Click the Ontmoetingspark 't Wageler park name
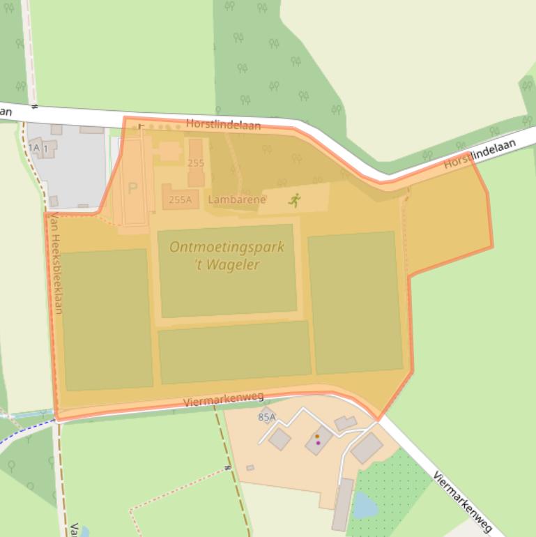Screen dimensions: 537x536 coord(227,255)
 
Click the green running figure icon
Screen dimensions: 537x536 coord(295,201)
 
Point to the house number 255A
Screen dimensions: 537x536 coord(180,199)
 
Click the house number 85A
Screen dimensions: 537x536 coord(266,417)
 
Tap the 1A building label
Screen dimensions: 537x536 coord(33,147)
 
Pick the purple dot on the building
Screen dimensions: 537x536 coord(319,443)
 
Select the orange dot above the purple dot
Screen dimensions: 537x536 coord(316,437)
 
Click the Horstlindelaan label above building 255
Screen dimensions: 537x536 coord(223,125)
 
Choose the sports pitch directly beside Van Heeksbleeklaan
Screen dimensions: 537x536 coord(107,319)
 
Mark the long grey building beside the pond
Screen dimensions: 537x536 coord(343,504)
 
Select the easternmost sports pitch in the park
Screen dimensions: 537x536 coord(355,303)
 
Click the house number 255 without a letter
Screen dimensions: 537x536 coord(196,162)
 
